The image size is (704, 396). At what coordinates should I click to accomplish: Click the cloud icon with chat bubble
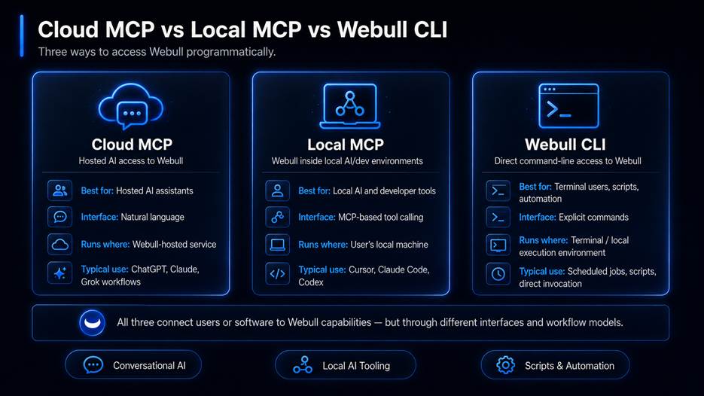(x=131, y=106)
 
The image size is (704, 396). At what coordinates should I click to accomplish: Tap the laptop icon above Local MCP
(x=350, y=106)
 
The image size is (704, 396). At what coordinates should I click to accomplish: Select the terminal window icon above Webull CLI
(x=568, y=105)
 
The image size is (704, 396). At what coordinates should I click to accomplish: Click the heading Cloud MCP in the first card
(x=132, y=144)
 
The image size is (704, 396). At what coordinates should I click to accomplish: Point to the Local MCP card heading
(x=346, y=145)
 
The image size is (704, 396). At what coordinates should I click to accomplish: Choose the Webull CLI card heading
(x=565, y=145)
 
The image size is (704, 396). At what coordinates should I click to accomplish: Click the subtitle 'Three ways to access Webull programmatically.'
(x=157, y=52)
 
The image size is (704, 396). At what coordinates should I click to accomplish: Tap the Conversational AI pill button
(x=133, y=365)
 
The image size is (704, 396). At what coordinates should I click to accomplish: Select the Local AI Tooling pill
(x=346, y=365)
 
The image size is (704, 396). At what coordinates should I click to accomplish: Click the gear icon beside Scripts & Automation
(x=505, y=365)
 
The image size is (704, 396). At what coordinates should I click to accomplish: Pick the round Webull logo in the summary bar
(x=93, y=322)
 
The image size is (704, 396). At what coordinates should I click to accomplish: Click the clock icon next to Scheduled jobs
(x=498, y=274)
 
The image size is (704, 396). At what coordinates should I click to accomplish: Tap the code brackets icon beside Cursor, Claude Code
(x=278, y=273)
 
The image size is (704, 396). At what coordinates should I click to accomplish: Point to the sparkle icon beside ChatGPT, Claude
(x=60, y=273)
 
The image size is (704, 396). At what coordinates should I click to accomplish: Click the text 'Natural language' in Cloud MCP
(x=152, y=217)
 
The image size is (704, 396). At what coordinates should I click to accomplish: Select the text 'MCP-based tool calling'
(x=380, y=218)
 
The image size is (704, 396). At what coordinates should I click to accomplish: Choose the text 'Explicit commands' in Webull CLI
(x=593, y=218)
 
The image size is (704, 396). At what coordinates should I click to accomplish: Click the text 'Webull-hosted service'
(x=174, y=244)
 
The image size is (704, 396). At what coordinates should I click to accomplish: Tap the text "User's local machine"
(x=389, y=245)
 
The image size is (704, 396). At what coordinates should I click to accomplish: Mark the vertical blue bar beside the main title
(x=22, y=36)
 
